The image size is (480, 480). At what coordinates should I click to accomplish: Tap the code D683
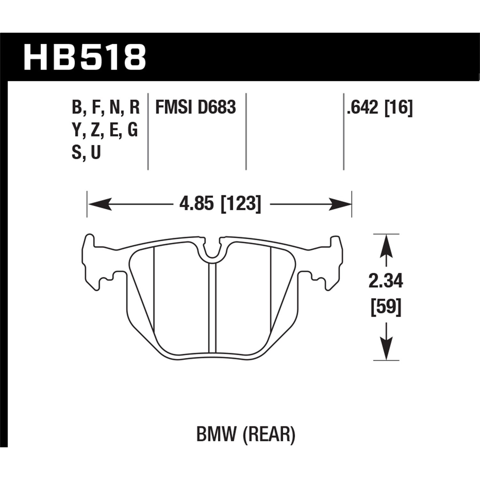pyautogui.click(x=217, y=107)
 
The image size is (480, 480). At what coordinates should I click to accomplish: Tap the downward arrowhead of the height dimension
pyautogui.click(x=387, y=349)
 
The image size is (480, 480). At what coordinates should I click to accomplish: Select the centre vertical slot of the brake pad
pyautogui.click(x=212, y=307)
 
